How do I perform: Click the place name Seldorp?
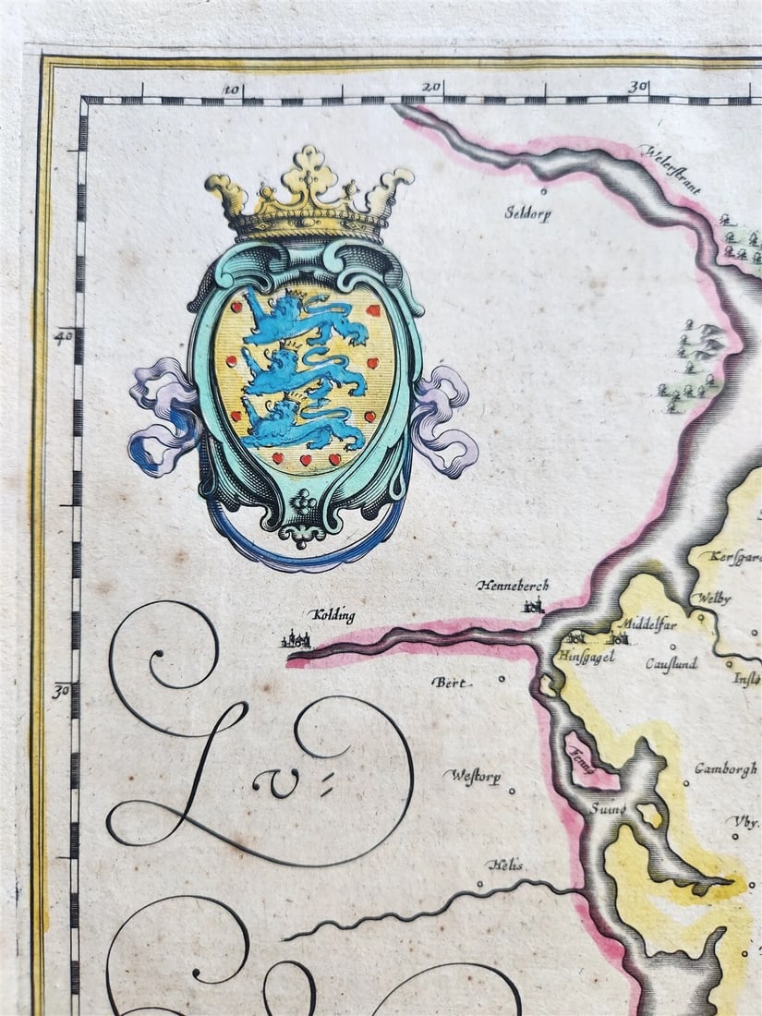tap(526, 212)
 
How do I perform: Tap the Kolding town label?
tap(333, 615)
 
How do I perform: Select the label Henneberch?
tap(513, 586)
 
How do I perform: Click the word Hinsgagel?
tap(586, 657)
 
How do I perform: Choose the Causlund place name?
tap(671, 663)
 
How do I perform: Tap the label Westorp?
tap(477, 777)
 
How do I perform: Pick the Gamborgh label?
tap(726, 768)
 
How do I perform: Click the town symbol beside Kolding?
tap(299, 638)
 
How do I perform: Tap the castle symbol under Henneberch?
tap(532, 606)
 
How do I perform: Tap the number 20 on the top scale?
tap(430, 87)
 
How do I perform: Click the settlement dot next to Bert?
tap(502, 679)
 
